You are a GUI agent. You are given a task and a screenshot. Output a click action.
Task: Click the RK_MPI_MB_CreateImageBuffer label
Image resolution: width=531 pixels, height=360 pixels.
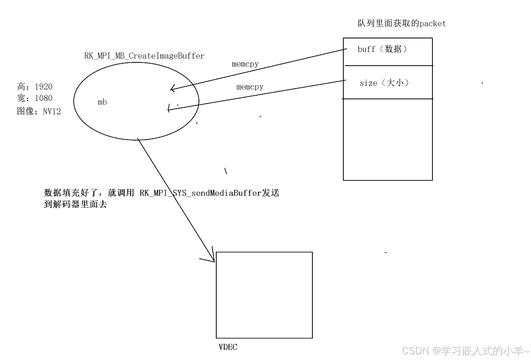tap(144, 56)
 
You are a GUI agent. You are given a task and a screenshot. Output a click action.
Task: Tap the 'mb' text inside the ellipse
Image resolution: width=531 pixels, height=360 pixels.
tap(102, 102)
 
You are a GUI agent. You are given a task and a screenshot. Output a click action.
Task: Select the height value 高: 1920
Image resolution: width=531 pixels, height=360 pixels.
tap(35, 87)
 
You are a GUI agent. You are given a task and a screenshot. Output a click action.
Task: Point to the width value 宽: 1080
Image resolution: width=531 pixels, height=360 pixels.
tap(35, 98)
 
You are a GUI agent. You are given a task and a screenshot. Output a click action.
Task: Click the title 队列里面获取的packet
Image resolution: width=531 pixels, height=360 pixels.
tap(402, 23)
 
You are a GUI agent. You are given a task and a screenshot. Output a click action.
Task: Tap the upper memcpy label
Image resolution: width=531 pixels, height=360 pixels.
tap(245, 64)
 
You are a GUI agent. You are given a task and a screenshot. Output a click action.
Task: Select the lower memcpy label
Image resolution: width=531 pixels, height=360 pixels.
tap(250, 87)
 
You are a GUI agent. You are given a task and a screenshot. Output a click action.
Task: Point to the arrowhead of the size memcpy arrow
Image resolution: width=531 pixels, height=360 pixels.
tap(169, 110)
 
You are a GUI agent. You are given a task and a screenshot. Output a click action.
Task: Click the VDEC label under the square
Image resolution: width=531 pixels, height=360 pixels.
tap(228, 347)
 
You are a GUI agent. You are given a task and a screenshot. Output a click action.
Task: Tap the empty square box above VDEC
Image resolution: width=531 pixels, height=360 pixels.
tap(264, 295)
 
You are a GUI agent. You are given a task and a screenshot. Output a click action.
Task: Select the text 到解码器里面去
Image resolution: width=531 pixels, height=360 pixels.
tap(76, 204)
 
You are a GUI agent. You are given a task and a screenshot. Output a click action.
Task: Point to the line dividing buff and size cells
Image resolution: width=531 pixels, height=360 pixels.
tap(387, 66)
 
